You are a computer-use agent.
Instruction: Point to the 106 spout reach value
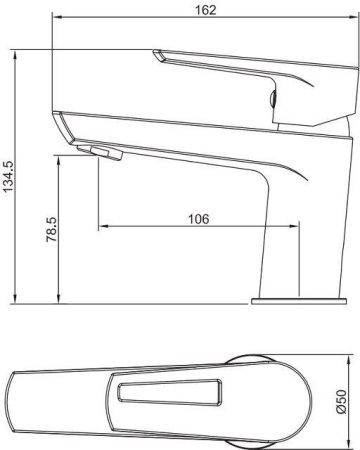199,219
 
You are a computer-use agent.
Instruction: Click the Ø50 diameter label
343,400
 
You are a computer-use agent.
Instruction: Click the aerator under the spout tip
104,151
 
